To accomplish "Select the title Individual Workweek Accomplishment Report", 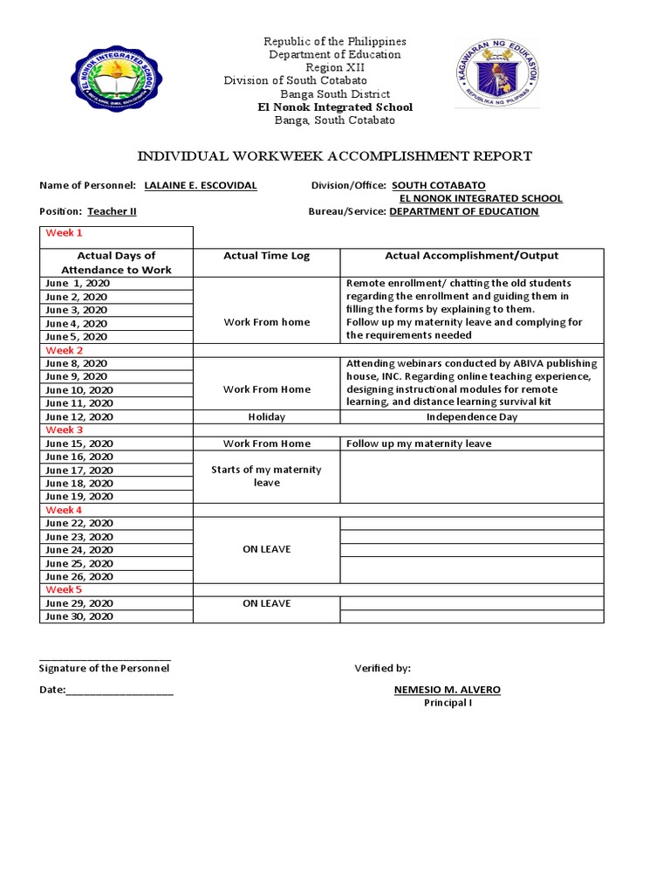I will click(335, 156).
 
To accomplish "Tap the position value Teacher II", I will click(112, 211).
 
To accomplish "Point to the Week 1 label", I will click(65, 233).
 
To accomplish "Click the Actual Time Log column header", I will click(266, 256).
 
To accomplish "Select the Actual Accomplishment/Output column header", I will click(471, 256).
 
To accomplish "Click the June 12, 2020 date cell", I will click(79, 416).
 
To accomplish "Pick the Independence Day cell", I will click(471, 416).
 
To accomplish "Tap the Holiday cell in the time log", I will click(266, 416).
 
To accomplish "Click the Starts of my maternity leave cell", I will click(266, 476).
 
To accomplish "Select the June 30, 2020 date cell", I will click(79, 616).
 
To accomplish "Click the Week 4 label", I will click(65, 510).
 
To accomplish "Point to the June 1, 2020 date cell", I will click(79, 283).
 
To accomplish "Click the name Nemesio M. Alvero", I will click(448, 690).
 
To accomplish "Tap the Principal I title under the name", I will click(448, 703).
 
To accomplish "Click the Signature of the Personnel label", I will click(104, 668).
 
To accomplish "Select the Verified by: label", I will click(382, 668).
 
